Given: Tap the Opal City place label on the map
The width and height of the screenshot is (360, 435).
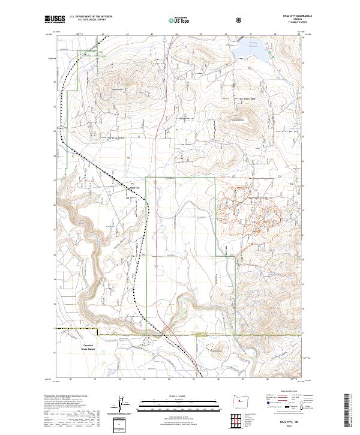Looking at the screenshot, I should (133, 187).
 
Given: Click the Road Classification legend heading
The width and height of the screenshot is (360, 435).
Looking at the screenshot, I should (287, 394).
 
